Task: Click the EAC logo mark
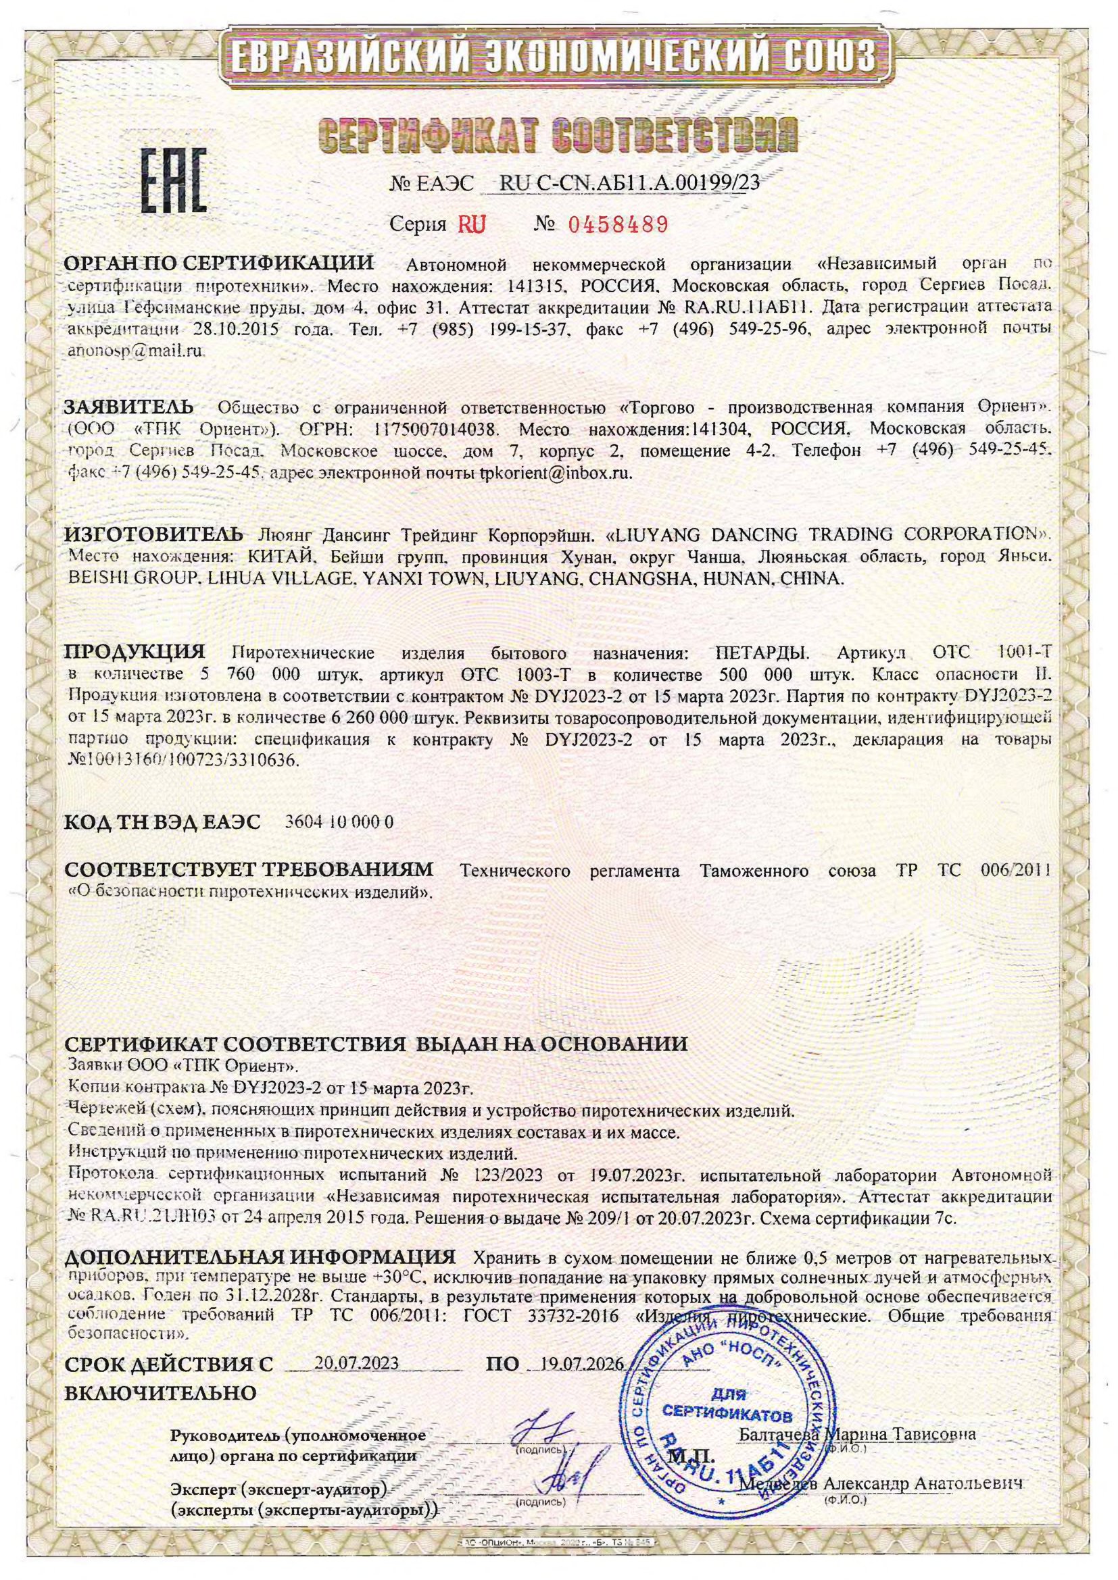pyautogui.click(x=174, y=180)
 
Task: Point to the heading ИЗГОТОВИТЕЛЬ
pyautogui.click(x=153, y=534)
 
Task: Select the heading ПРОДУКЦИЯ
pyautogui.click(x=135, y=651)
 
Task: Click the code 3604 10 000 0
pyautogui.click(x=338, y=822)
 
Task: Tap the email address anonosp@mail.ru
pyautogui.click(x=136, y=351)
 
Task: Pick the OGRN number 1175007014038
pyautogui.click(x=435, y=429)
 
